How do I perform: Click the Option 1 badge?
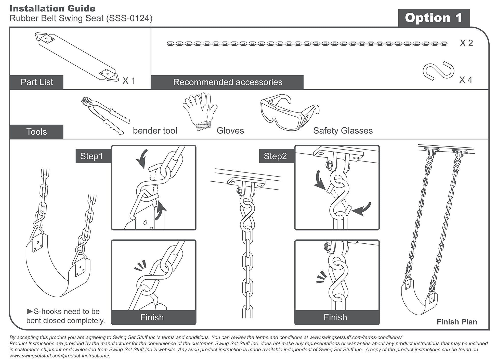pos(434,18)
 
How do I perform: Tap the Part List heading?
pos(37,82)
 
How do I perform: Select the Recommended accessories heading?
pos(228,82)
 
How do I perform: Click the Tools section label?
pos(36,132)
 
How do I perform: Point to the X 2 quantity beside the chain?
pos(466,43)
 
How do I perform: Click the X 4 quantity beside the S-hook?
pos(466,80)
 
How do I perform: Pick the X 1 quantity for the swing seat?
pos(129,81)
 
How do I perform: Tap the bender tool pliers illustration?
pos(105,115)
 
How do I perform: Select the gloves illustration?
pos(200,111)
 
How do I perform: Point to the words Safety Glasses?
pos(343,131)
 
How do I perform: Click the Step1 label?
pos(91,156)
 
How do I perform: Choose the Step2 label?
pos(275,156)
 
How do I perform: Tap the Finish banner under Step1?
pos(152,317)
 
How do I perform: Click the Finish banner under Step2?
pos(335,317)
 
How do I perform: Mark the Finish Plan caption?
pos(457,322)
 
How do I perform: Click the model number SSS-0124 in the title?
pos(129,18)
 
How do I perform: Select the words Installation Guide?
pos(53,8)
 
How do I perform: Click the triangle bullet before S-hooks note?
pos(30,311)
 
